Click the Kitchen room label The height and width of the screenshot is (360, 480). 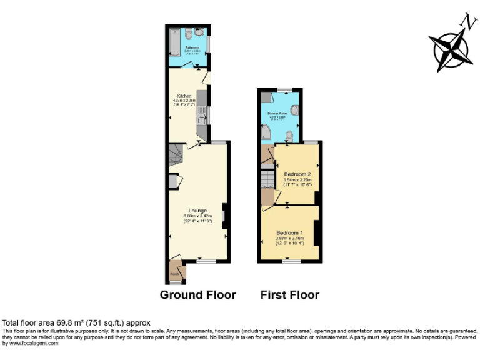(184, 96)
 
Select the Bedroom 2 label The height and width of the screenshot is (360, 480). (297, 173)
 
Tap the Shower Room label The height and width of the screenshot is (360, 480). (277, 113)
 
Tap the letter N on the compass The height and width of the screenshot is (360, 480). (465, 21)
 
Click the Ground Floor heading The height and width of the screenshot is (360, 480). (198, 295)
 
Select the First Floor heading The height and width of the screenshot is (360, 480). (289, 295)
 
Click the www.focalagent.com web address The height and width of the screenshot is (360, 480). (34, 342)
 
